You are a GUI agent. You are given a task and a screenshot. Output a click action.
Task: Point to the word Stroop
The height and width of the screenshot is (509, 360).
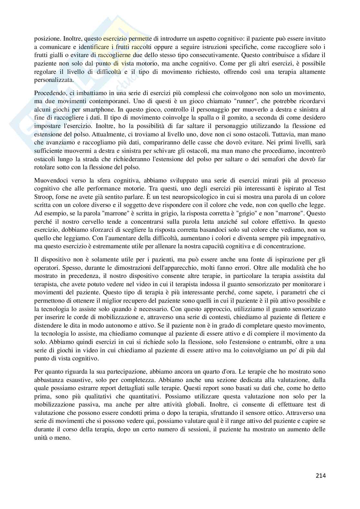[43, 196]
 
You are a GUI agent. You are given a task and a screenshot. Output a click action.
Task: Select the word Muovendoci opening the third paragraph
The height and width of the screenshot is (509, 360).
[50, 180]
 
